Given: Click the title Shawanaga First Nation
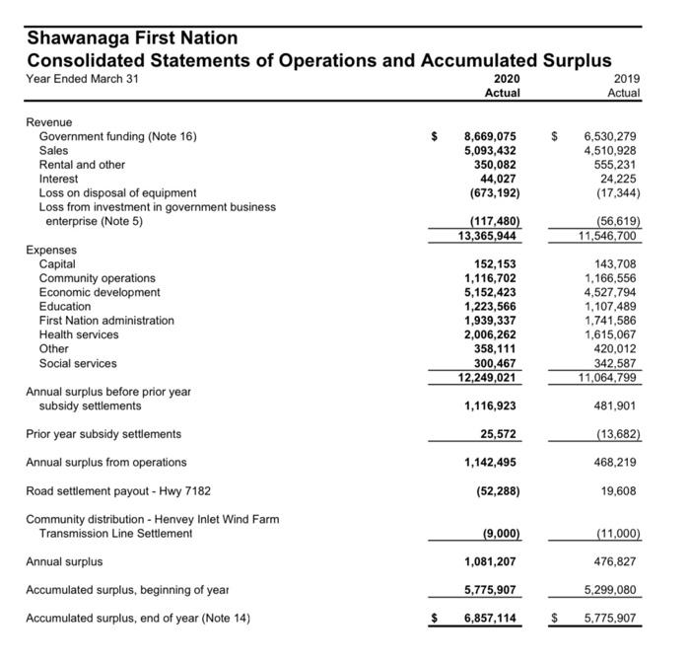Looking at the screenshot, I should pyautogui.click(x=132, y=38).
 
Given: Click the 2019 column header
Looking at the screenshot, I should pyautogui.click(x=624, y=78).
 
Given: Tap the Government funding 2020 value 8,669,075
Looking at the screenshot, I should pyautogui.click(x=490, y=136).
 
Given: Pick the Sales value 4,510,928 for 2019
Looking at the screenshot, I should pyautogui.click(x=610, y=151).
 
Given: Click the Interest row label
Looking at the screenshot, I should pyautogui.click(x=58, y=179).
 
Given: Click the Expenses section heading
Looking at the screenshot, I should pyautogui.click(x=50, y=251).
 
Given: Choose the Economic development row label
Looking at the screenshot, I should pyautogui.click(x=100, y=292).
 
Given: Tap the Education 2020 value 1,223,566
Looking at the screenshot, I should pyautogui.click(x=490, y=307).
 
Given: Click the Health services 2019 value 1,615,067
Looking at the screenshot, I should pyautogui.click(x=610, y=334).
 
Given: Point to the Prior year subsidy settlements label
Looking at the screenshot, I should pyautogui.click(x=103, y=434).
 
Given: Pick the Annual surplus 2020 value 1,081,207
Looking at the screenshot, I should pyautogui.click(x=490, y=561).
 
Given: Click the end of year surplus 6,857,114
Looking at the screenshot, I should pyautogui.click(x=490, y=619).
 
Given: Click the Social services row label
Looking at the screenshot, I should pyautogui.click(x=78, y=363).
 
